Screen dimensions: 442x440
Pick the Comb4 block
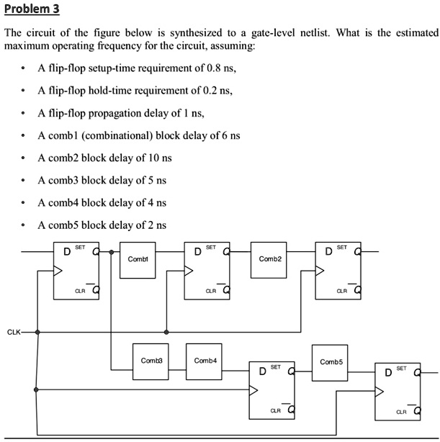(204, 361)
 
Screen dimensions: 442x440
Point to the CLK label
(14, 332)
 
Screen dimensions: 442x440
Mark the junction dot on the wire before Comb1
(111, 253)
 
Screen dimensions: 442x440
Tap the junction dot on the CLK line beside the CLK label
(37, 332)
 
